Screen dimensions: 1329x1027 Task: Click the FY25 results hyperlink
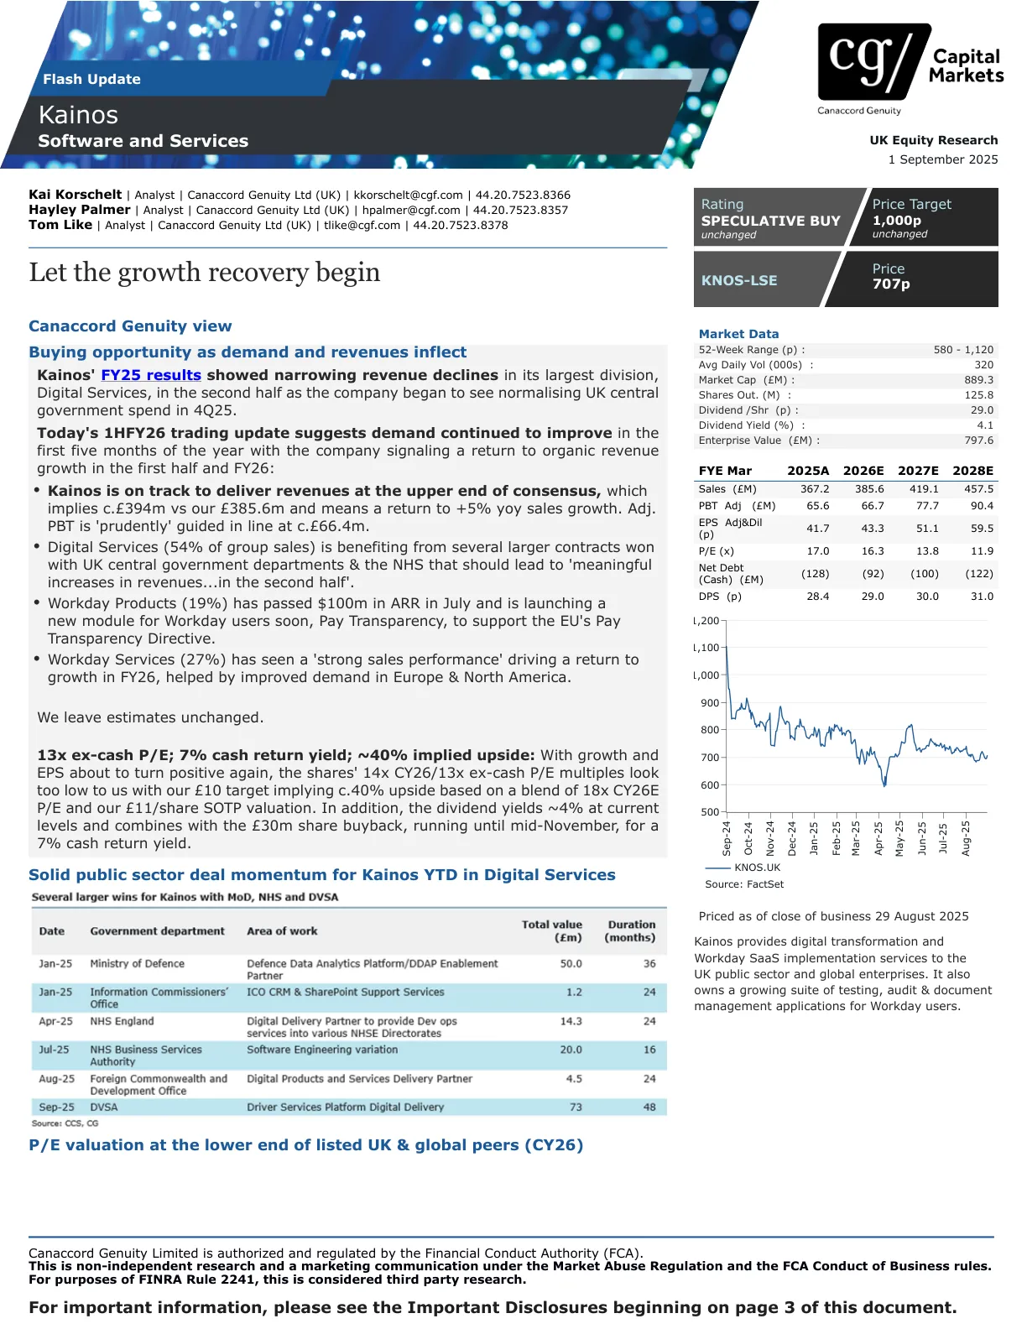(x=151, y=375)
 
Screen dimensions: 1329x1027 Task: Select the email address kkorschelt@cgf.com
(x=408, y=195)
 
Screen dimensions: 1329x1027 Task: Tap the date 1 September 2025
(x=943, y=159)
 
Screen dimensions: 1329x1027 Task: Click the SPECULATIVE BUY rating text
(x=770, y=221)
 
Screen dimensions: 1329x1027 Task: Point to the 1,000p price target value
(x=896, y=220)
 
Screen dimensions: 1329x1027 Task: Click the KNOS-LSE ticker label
(x=739, y=280)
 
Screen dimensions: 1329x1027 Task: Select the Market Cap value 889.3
(x=978, y=380)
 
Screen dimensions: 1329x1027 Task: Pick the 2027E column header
(x=918, y=471)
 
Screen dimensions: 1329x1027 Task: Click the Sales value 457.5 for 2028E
(x=978, y=489)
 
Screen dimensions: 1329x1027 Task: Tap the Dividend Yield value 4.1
(x=984, y=425)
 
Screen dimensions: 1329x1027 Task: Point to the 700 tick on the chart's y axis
(x=710, y=758)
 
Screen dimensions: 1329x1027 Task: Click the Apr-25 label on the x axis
(x=878, y=838)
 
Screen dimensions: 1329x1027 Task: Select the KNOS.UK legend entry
(x=757, y=868)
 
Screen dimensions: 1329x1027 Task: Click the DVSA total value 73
(x=576, y=1107)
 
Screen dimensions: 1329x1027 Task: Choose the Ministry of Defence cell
(x=137, y=963)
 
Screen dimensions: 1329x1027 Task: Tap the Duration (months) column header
(x=630, y=930)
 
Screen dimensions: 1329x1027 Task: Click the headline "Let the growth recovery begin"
(x=205, y=272)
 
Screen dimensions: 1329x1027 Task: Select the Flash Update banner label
(x=91, y=79)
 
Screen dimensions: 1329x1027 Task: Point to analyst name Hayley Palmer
(x=80, y=210)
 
